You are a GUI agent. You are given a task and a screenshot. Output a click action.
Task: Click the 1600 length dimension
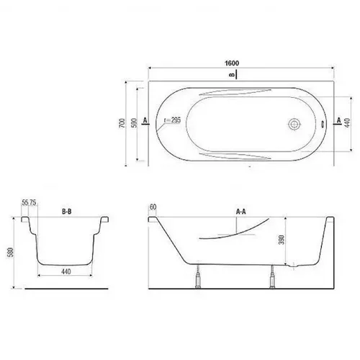click(232, 63)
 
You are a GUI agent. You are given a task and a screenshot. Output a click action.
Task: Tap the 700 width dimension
click(122, 123)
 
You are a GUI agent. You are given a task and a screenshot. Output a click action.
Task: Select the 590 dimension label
click(135, 123)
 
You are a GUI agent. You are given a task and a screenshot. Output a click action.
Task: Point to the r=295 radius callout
click(172, 120)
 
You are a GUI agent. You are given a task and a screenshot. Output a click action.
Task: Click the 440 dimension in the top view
click(347, 122)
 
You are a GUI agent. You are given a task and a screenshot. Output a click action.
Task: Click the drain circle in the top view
click(294, 124)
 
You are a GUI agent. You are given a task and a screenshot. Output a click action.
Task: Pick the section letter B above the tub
click(232, 75)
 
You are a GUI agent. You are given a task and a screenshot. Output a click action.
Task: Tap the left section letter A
click(145, 120)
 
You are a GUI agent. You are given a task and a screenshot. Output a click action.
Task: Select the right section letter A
click(339, 120)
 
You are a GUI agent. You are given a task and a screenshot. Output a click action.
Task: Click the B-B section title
click(67, 212)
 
